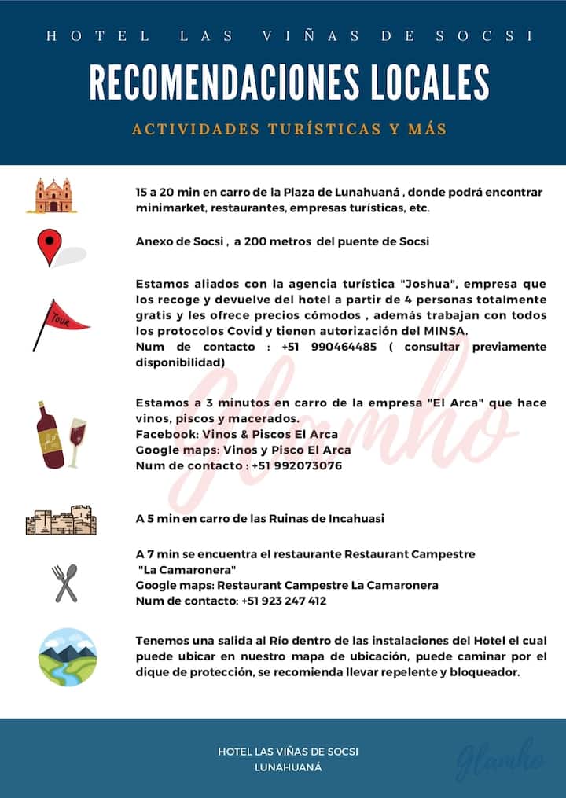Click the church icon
point(57,195)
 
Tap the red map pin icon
point(50,246)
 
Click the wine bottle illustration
point(49,434)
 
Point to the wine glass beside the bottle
point(77,442)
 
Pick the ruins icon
point(61,520)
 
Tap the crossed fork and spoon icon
point(65,583)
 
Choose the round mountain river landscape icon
point(68,656)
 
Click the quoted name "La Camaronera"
point(188,569)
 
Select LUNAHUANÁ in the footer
point(289,767)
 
